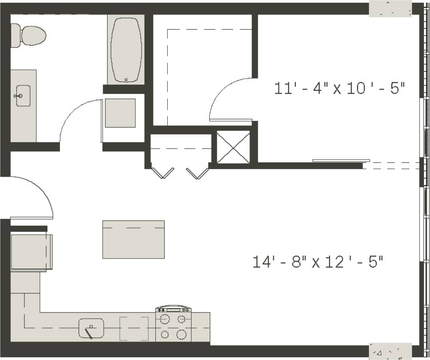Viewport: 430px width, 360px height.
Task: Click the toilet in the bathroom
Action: point(30,36)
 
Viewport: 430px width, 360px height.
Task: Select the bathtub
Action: point(126,50)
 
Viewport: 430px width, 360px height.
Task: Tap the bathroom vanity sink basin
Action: point(23,96)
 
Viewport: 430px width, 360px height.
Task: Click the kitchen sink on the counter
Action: point(91,328)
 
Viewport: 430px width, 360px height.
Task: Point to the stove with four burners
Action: point(173,326)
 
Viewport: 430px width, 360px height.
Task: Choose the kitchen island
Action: point(133,239)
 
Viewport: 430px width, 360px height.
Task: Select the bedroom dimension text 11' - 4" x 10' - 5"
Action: point(340,88)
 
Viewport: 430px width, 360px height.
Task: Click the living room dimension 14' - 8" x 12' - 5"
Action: point(318,262)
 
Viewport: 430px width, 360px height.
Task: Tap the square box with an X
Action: point(233,147)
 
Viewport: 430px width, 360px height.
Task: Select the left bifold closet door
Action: point(162,173)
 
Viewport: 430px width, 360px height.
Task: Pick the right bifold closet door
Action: point(198,173)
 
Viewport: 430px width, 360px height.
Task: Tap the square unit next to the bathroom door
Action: point(120,113)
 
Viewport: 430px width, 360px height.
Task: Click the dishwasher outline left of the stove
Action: point(134,328)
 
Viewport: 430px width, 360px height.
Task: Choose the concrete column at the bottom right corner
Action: point(390,352)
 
